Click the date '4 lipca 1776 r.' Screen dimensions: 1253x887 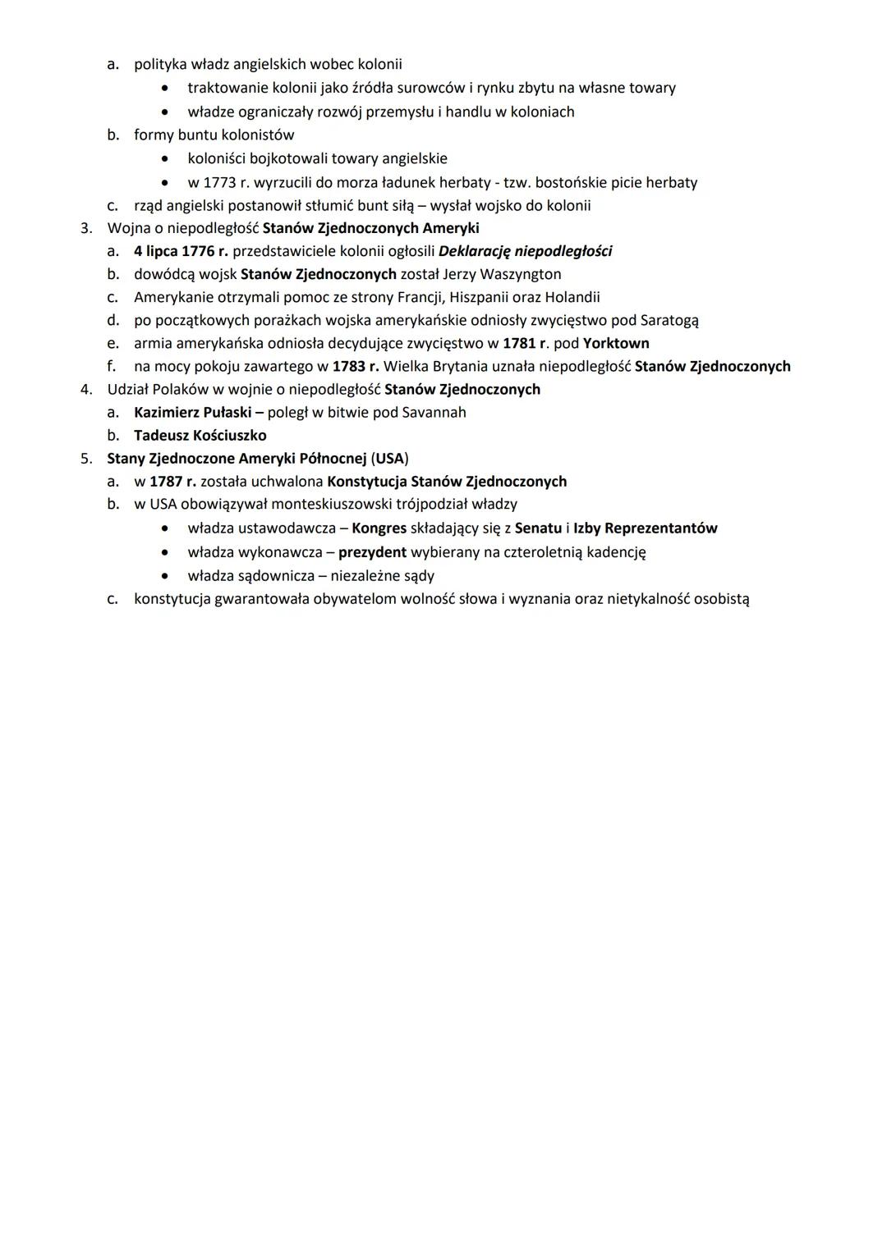[x=181, y=251]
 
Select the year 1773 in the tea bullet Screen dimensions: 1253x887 [x=219, y=182]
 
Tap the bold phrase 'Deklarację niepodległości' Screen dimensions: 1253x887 [x=525, y=251]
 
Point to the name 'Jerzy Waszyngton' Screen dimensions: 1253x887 [x=502, y=274]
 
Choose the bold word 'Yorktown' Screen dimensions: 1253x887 [x=616, y=343]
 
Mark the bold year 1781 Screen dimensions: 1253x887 [x=519, y=343]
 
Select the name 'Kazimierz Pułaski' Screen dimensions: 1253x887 [x=192, y=412]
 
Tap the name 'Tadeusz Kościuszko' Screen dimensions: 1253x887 [x=200, y=435]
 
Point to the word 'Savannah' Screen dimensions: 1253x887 [x=434, y=412]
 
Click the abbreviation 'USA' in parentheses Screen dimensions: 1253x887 [x=390, y=458]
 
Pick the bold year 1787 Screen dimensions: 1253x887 [x=166, y=481]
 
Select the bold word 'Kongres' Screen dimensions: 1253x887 [x=379, y=528]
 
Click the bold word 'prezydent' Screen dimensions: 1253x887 [x=372, y=552]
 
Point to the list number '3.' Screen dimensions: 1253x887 [x=86, y=228]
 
